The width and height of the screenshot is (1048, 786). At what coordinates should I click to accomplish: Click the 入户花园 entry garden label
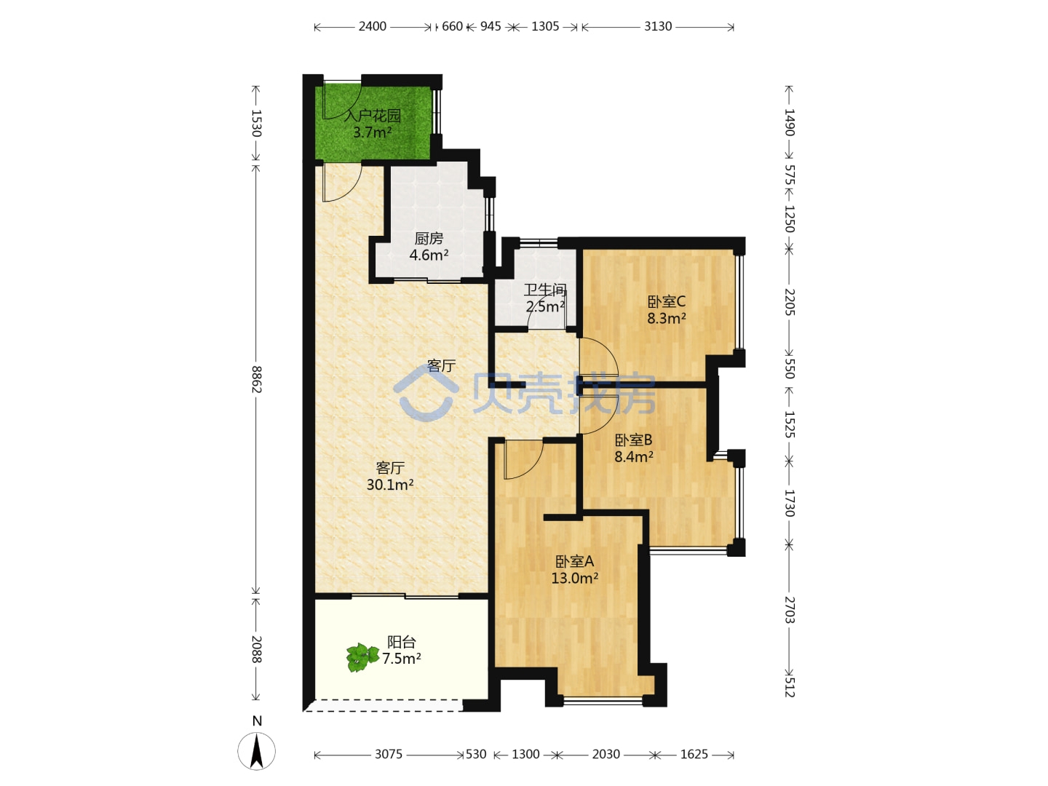pos(372,116)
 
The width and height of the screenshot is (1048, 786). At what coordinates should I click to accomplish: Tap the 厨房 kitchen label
pos(428,238)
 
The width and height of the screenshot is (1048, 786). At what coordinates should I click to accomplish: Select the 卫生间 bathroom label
pos(545,290)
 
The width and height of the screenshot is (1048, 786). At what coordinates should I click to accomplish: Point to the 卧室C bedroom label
pos(666,301)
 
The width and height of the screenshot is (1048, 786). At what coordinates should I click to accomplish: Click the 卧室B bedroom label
pos(633,440)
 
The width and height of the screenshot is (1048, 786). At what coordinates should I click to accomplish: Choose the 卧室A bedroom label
pos(574,561)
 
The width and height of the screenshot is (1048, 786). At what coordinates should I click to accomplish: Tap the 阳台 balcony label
pos(401,642)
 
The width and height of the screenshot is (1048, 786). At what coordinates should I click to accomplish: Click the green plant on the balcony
pos(362,657)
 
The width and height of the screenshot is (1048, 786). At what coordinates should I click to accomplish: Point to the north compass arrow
pos(257,751)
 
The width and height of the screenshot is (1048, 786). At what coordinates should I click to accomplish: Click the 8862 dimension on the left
pos(256,379)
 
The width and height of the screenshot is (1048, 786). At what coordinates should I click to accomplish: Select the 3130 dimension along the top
pos(657,26)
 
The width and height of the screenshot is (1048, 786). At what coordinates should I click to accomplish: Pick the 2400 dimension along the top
pos(372,26)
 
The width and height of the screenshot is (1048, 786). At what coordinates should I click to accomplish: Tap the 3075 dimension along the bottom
pos(388,754)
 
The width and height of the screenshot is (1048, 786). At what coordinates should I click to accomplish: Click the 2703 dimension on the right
pos(789,610)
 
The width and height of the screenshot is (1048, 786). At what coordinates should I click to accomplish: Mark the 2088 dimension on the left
pos(256,649)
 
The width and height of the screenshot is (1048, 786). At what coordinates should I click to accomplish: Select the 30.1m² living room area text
pos(389,485)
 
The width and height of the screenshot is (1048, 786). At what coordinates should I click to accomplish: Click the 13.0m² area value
pos(574,578)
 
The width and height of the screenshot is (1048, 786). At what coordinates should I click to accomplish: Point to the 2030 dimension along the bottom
pos(606,754)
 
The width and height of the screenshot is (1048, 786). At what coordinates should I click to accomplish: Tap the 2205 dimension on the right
pos(789,302)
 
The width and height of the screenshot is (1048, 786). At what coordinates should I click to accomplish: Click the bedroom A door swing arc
pos(536,465)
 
